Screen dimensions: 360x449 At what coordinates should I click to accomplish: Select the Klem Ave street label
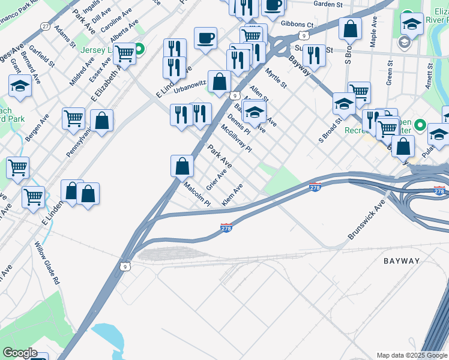tap(232, 196)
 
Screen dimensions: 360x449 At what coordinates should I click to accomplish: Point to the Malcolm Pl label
tap(197, 194)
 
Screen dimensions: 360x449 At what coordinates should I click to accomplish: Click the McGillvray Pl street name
tap(236, 138)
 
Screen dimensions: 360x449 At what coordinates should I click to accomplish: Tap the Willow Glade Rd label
tap(47, 262)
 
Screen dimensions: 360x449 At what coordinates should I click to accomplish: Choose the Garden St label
tap(327, 4)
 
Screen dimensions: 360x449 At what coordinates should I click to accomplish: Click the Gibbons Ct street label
tap(297, 25)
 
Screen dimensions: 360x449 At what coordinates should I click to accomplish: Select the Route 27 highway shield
tap(46, 26)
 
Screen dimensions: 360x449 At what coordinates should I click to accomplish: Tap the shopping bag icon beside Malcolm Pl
tap(182, 166)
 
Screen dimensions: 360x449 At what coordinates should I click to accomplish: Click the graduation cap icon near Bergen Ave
tap(20, 86)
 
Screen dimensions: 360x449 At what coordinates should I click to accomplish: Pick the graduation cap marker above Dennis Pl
tap(255, 111)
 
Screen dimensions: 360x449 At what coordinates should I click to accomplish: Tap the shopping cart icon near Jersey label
tap(124, 53)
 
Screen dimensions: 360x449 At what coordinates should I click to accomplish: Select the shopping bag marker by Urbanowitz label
tap(220, 81)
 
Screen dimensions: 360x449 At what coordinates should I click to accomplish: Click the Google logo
tap(20, 353)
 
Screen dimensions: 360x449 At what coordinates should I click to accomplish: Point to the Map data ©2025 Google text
tap(412, 355)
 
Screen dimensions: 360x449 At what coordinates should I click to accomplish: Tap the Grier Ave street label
tap(216, 179)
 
